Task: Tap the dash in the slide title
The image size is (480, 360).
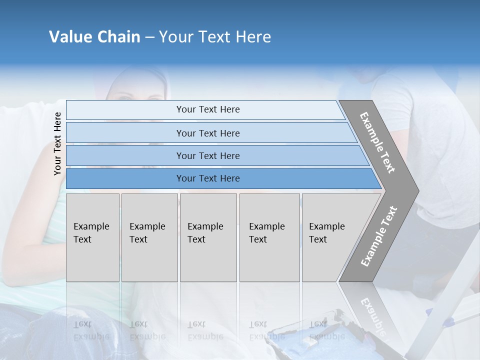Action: (x=149, y=37)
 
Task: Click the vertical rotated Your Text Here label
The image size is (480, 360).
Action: (x=57, y=143)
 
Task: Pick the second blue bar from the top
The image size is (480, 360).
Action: (x=207, y=133)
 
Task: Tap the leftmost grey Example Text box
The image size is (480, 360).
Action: (x=92, y=237)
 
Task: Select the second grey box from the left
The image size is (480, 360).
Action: (x=149, y=237)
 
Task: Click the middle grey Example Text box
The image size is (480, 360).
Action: (x=208, y=237)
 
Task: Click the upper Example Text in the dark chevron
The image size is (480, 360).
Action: (x=377, y=142)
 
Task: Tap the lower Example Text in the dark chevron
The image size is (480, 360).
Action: (x=379, y=236)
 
